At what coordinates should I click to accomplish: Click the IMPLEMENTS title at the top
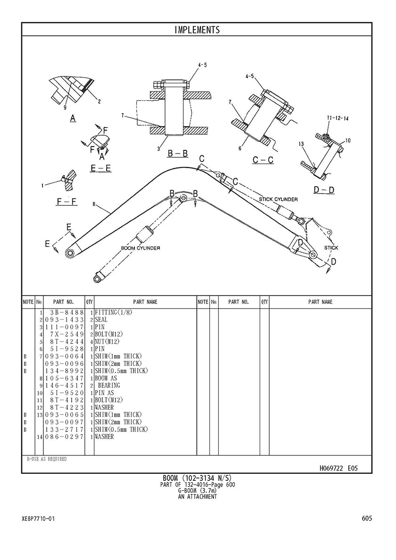(x=197, y=30)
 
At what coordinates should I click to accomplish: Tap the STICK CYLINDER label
(x=279, y=200)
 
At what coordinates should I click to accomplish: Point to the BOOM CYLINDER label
(x=140, y=248)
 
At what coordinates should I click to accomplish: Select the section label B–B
(x=178, y=153)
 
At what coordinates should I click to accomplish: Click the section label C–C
(x=263, y=160)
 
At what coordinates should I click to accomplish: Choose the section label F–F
(x=66, y=202)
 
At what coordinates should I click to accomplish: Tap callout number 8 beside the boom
(x=94, y=204)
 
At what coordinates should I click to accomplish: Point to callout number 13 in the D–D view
(x=300, y=143)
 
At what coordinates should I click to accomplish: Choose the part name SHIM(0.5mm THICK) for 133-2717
(x=122, y=430)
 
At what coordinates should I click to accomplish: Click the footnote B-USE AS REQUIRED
(x=47, y=459)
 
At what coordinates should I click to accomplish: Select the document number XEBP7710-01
(x=38, y=519)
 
